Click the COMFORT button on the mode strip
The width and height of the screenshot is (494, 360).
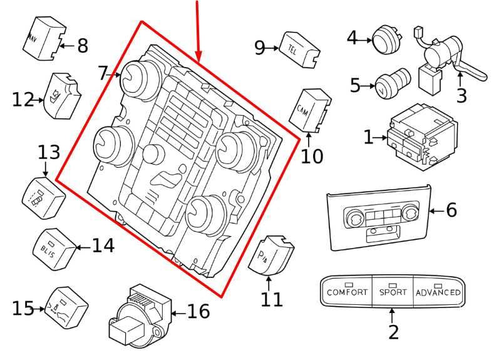click(x=347, y=292)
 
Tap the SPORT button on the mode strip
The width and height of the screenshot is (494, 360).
click(x=393, y=292)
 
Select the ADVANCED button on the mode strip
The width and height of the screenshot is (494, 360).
click(x=438, y=292)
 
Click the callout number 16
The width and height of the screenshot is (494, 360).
click(x=198, y=311)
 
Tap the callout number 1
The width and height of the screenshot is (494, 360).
click(x=369, y=136)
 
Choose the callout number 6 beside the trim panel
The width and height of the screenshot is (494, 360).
click(x=451, y=210)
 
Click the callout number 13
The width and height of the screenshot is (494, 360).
click(x=49, y=152)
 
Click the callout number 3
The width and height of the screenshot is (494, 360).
click(x=462, y=96)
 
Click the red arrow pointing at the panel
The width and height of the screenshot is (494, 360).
click(x=198, y=31)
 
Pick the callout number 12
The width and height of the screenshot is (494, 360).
click(x=23, y=99)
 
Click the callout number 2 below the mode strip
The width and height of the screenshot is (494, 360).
click(x=393, y=332)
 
